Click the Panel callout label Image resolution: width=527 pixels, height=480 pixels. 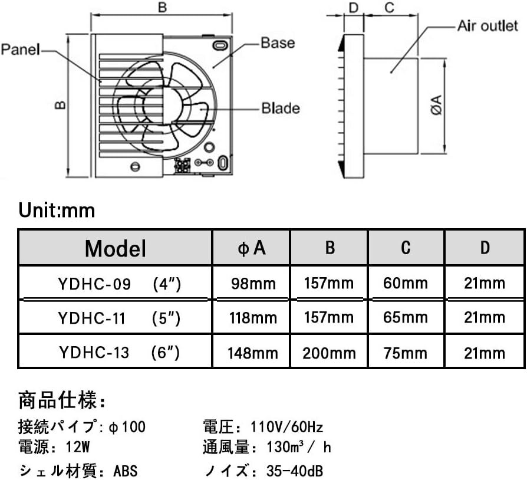coord(20,50)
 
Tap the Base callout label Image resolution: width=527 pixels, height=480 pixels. coord(278,42)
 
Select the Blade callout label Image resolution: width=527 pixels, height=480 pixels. coord(281,108)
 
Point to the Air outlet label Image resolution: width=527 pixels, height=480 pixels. coord(488,27)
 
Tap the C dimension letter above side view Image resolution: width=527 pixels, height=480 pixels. coord(389,8)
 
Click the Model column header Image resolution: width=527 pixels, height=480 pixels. coord(115,248)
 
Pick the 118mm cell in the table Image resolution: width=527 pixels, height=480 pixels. coord(252,318)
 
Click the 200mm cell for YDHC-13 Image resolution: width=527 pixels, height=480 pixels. coord(329,353)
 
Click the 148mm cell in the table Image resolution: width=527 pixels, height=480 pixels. coord(252,353)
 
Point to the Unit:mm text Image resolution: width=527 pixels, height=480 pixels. coord(57,210)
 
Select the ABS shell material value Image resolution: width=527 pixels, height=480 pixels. coord(126,471)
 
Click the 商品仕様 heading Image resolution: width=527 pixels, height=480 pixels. coord(62,402)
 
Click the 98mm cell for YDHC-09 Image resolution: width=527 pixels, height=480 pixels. coord(252,284)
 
